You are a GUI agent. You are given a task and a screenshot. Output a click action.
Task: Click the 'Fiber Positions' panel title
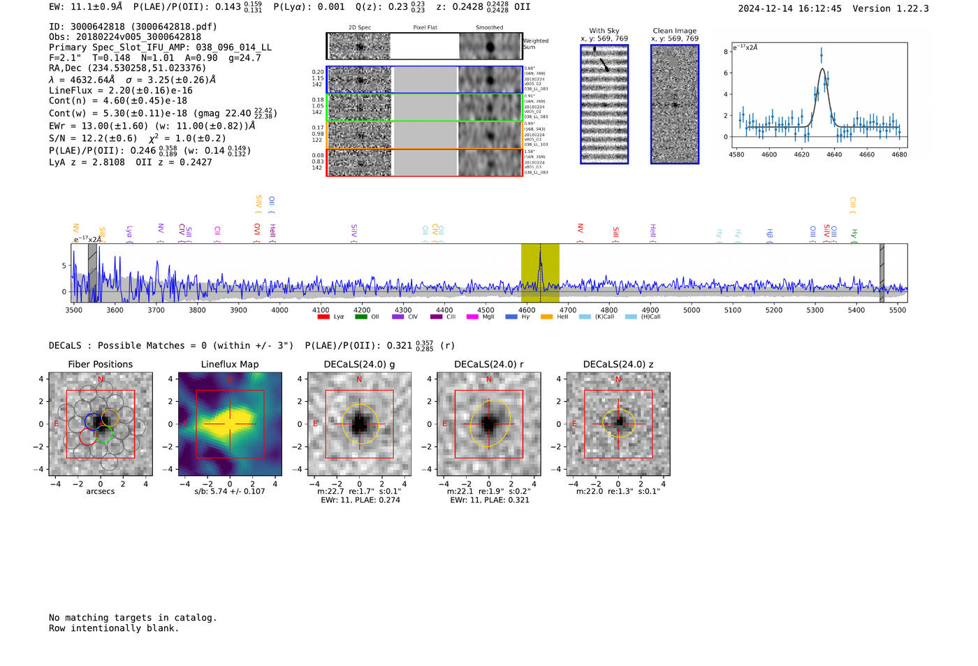point(100,364)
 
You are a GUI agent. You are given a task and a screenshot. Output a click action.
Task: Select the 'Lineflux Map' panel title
point(229,364)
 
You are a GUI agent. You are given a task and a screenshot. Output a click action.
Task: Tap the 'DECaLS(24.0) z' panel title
point(618,364)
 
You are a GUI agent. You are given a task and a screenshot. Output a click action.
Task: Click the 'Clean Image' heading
point(674,31)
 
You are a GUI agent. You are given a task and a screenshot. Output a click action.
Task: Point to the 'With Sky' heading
point(604,31)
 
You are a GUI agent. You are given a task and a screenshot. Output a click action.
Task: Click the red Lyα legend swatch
point(323,317)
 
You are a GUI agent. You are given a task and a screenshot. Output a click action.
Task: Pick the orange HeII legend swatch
point(546,317)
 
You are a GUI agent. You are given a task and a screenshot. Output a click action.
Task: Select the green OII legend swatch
point(360,317)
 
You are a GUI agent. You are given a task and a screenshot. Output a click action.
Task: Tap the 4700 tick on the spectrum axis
point(568,310)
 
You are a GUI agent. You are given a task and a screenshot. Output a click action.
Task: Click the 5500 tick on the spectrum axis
point(898,310)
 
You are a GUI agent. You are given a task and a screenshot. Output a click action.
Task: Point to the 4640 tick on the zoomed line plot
point(834,154)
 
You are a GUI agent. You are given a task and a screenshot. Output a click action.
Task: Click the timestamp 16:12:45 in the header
point(817,8)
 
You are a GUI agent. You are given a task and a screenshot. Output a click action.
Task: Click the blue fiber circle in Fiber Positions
point(93,421)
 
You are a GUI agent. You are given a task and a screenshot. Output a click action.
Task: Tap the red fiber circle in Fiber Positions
point(88,437)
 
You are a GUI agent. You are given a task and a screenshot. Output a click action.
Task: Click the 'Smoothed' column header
point(489,28)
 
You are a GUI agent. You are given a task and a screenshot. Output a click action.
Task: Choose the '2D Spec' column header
point(360,28)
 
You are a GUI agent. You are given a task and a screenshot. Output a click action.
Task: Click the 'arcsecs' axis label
point(100,491)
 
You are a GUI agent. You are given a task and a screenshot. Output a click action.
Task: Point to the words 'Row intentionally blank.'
point(114,628)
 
